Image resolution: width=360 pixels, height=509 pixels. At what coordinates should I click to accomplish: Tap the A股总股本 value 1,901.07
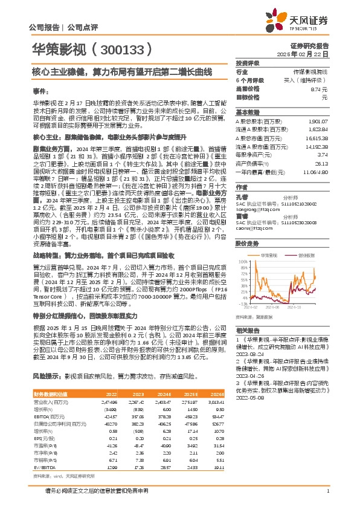317,120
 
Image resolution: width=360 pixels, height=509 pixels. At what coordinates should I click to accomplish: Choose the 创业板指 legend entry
308,256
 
